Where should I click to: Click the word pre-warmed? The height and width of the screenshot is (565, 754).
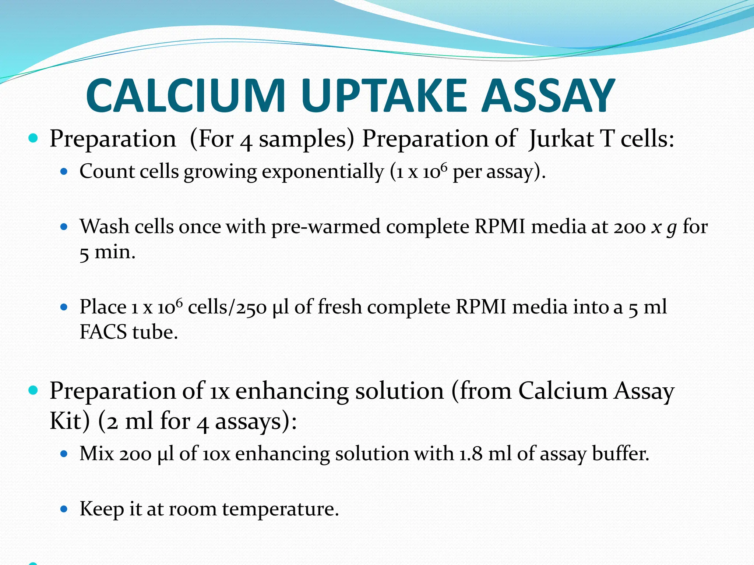(326, 227)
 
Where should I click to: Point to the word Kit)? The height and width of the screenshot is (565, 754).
(70, 421)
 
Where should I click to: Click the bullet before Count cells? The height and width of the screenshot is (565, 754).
(64, 171)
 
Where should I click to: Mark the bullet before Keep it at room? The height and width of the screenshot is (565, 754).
(64, 509)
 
